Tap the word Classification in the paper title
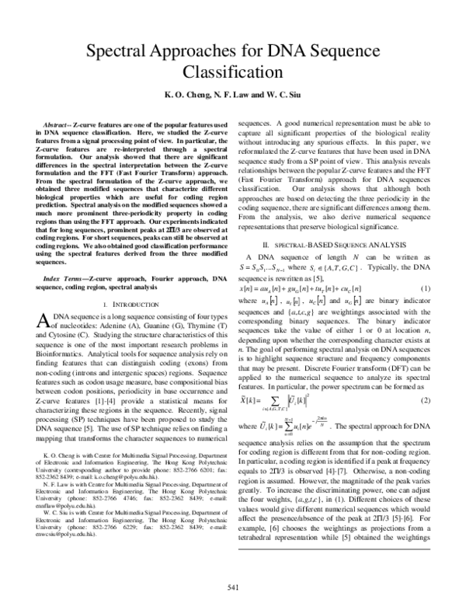click(232, 75)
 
